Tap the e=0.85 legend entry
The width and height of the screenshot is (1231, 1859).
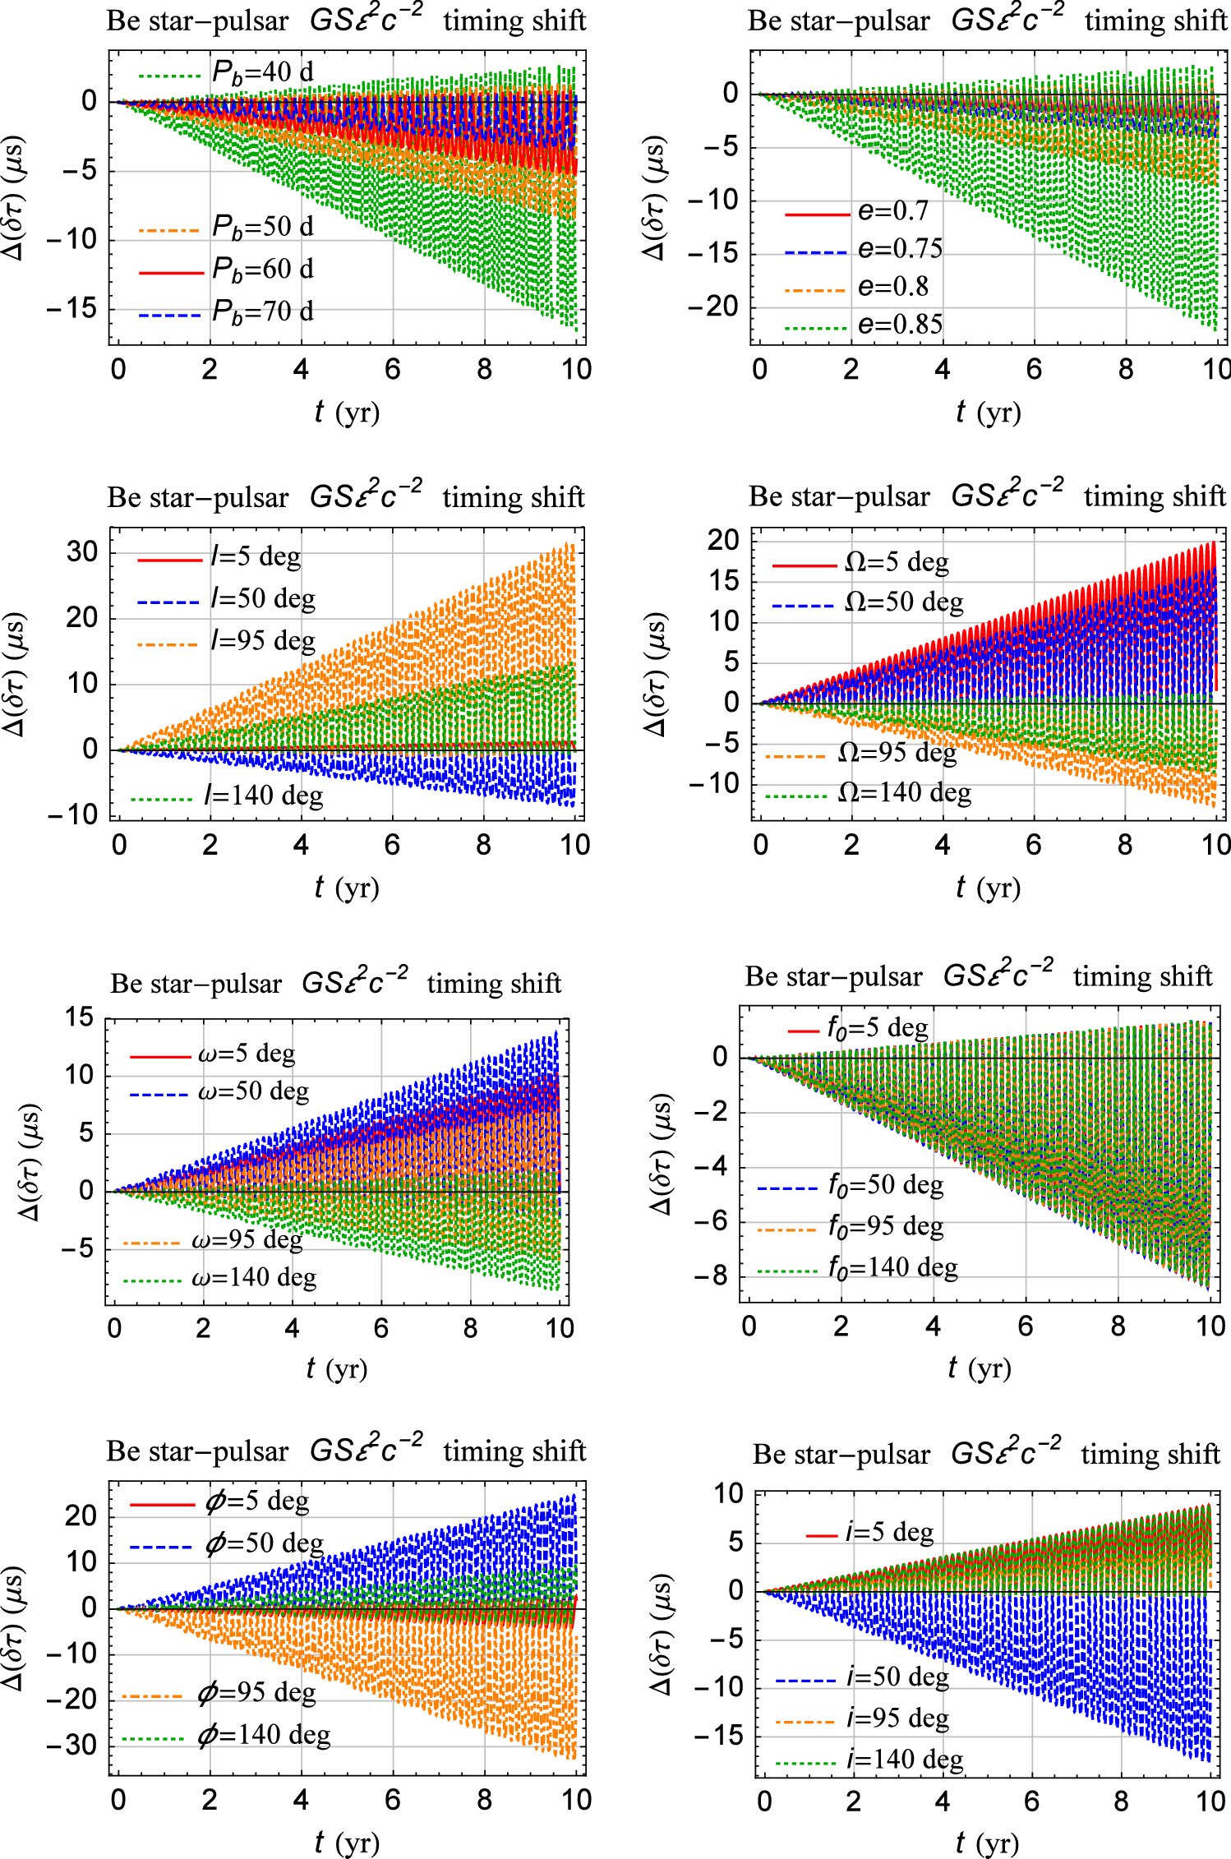[899, 325]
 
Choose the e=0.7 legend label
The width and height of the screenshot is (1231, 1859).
[892, 211]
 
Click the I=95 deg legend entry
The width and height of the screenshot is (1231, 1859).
[262, 641]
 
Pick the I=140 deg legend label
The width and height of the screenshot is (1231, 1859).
[263, 796]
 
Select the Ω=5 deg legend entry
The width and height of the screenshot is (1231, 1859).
[896, 563]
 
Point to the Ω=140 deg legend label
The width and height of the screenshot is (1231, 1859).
[904, 793]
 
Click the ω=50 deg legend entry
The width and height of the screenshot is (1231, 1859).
[253, 1091]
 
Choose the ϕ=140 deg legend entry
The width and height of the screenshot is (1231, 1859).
[263, 1735]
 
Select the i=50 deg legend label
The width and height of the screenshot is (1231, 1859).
[897, 1677]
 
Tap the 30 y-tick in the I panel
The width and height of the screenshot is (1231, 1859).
[81, 551]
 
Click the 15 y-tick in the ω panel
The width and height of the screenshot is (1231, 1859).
[80, 1017]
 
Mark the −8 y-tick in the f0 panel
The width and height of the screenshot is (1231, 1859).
[712, 1276]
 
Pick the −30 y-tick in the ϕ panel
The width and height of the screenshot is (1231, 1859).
[72, 1745]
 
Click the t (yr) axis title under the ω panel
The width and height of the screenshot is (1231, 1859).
[336, 1368]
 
